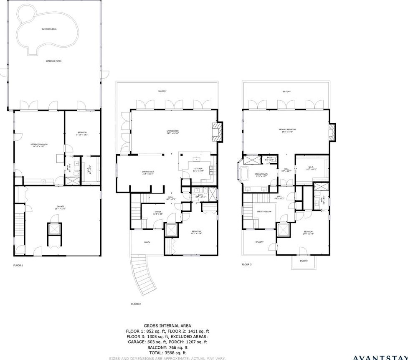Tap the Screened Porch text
[53, 61]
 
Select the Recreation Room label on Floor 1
[39, 145]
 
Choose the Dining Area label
[149, 172]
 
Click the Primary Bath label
[261, 175]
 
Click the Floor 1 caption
[18, 265]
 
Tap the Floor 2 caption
[136, 304]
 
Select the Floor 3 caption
[247, 264]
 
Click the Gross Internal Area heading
[167, 325]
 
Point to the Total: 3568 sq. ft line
[167, 353]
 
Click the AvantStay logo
[380, 357]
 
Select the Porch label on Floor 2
[147, 242]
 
